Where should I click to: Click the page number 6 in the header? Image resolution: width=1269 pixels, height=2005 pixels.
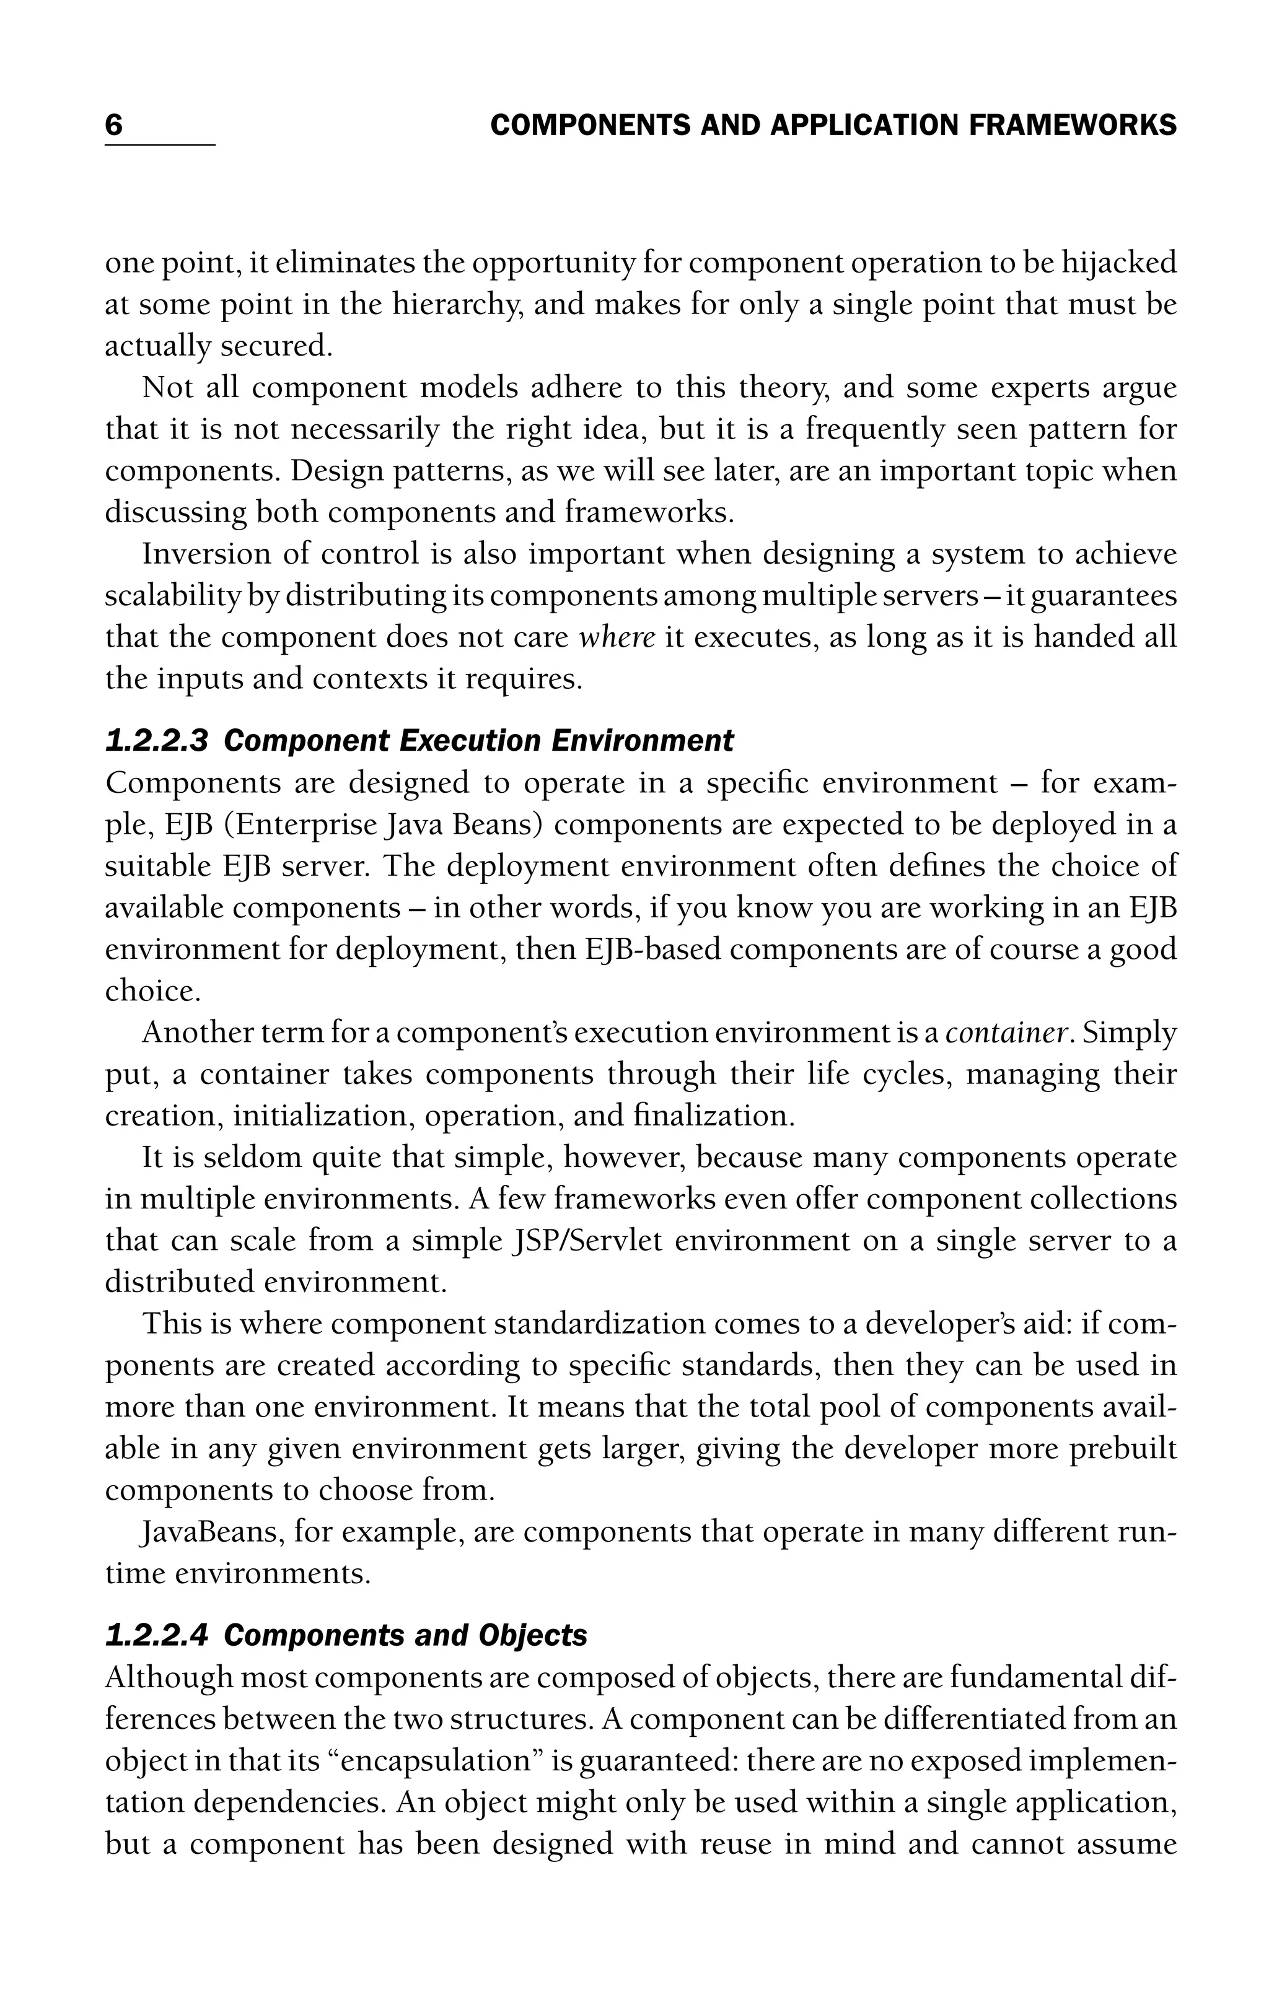pyautogui.click(x=114, y=125)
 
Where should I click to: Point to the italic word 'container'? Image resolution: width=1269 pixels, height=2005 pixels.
pyautogui.click(x=1008, y=1033)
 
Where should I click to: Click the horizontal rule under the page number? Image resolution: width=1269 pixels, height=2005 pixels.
pyautogui.click(x=160, y=146)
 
